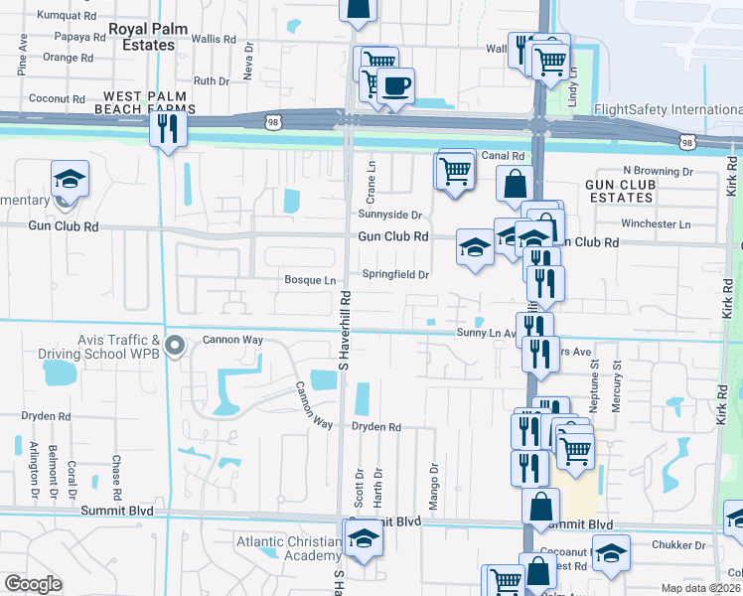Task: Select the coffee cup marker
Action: (x=396, y=86)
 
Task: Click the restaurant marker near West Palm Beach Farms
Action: (x=168, y=128)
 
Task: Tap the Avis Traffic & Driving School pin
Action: (x=176, y=346)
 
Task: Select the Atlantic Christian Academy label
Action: (x=289, y=549)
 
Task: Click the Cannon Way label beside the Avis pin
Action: (x=232, y=340)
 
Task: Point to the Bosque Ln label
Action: (x=311, y=280)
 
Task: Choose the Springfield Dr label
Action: (x=394, y=274)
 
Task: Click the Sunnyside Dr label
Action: (x=390, y=214)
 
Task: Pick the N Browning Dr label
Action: (x=657, y=171)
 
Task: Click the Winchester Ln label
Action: (x=657, y=223)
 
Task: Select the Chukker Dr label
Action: (x=678, y=544)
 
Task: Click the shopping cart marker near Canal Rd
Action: (x=455, y=170)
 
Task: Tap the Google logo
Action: (x=33, y=584)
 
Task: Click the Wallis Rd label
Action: (x=216, y=40)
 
